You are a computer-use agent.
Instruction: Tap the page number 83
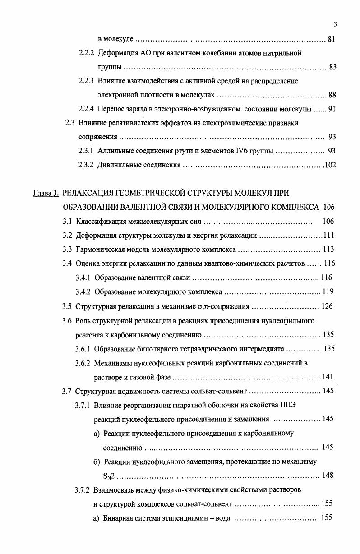[x=333, y=67]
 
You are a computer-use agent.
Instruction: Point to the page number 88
[x=332, y=95]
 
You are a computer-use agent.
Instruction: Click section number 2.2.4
[x=86, y=109]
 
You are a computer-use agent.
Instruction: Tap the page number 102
[x=330, y=165]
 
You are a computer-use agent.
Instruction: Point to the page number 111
[x=328, y=235]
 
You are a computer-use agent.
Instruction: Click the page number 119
[x=328, y=291]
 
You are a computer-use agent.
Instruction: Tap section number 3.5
[x=67, y=307]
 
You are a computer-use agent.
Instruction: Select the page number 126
[x=327, y=306]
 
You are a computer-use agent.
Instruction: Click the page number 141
[x=328, y=377]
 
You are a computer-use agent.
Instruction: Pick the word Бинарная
[x=118, y=518]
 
